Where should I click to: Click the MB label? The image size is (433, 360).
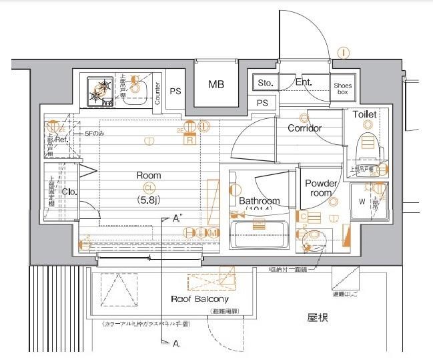click(x=215, y=84)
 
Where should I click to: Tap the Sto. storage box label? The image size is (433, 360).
click(x=265, y=83)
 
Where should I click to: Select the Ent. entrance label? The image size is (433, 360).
click(x=304, y=83)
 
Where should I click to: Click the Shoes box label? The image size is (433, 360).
click(x=342, y=88)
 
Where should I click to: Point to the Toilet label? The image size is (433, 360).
click(x=364, y=114)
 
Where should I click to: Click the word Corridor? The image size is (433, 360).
click(x=304, y=128)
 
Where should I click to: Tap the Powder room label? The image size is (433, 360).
click(x=321, y=188)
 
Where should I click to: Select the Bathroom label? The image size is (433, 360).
click(x=260, y=200)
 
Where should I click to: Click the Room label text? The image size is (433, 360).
click(x=149, y=175)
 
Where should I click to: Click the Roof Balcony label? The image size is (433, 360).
click(x=199, y=299)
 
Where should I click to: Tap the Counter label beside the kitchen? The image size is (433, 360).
click(x=157, y=93)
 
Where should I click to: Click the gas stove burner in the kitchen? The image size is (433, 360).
click(x=102, y=91)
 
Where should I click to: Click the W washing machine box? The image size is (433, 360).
click(x=362, y=201)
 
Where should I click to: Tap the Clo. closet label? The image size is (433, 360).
click(x=68, y=191)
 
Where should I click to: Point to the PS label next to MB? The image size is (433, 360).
click(x=176, y=92)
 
